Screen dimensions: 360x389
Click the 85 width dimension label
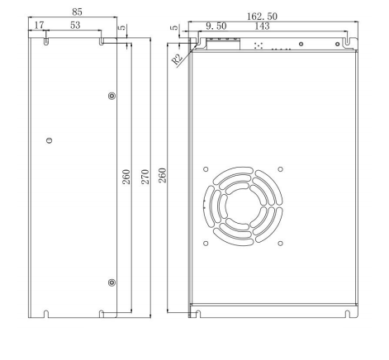click(x=77, y=12)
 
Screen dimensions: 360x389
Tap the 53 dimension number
click(x=75, y=26)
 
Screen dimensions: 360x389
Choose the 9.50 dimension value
click(x=216, y=26)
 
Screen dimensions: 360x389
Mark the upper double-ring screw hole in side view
click(x=112, y=97)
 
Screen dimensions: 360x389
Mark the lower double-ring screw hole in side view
click(x=112, y=283)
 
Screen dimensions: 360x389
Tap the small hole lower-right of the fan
click(x=281, y=243)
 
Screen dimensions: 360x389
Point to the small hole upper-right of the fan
click(x=281, y=169)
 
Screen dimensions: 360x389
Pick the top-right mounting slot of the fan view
click(x=337, y=38)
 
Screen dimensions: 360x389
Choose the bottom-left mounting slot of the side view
click(x=46, y=313)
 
